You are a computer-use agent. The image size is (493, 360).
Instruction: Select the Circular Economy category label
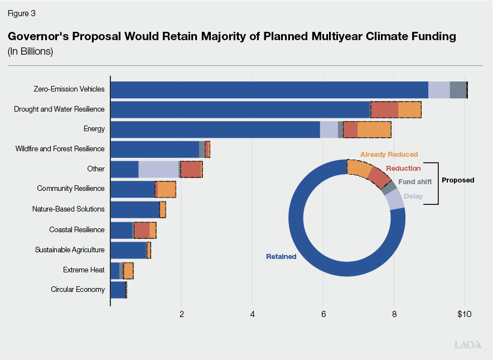pyautogui.click(x=78, y=289)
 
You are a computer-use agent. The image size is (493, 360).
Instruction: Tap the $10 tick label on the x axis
pyautogui.click(x=464, y=314)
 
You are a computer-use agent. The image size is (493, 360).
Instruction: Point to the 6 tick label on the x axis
pyautogui.click(x=323, y=314)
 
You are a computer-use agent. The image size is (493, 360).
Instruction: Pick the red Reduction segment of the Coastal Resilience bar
pyautogui.click(x=142, y=230)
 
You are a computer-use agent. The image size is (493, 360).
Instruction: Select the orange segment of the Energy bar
pyautogui.click(x=374, y=129)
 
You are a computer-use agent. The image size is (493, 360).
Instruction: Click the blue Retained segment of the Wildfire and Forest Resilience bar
pyautogui.click(x=154, y=149)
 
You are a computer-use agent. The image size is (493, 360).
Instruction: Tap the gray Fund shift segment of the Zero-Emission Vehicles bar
pyautogui.click(x=457, y=89)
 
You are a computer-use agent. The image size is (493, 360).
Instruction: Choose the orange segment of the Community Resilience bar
pyautogui.click(x=166, y=189)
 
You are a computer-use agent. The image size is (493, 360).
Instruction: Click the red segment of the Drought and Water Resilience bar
pyautogui.click(x=384, y=109)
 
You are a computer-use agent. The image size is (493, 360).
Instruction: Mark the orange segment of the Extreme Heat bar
pyautogui.click(x=128, y=270)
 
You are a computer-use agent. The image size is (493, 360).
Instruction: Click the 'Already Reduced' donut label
pyautogui.click(x=389, y=154)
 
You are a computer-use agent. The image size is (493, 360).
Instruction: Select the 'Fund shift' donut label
pyautogui.click(x=415, y=182)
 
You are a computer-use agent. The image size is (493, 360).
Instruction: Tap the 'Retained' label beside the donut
pyautogui.click(x=281, y=257)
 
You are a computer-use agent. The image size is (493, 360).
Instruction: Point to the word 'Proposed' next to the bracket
pyautogui.click(x=458, y=180)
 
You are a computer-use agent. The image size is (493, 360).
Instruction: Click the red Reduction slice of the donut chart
pyautogui.click(x=379, y=177)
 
